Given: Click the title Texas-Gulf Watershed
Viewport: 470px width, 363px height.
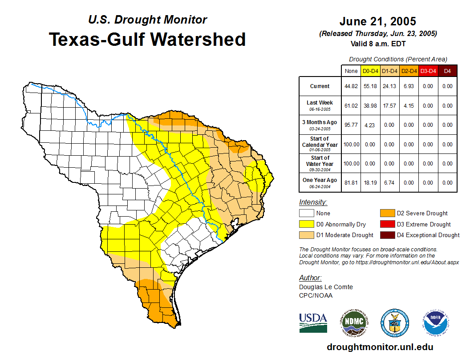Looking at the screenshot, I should (x=147, y=40).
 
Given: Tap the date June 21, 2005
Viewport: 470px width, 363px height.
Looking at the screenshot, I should (x=377, y=21).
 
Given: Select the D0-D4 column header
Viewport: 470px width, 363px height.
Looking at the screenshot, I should (x=370, y=71).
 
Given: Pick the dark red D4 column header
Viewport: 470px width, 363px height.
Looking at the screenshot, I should (x=447, y=71).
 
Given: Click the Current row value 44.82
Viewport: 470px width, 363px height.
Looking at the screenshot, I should (x=351, y=86).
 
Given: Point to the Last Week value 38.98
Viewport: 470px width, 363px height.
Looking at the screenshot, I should (x=370, y=106).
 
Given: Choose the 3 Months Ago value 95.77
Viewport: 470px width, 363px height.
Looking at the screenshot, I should (x=351, y=125).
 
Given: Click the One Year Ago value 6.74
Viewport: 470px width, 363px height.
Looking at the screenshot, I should (x=389, y=182).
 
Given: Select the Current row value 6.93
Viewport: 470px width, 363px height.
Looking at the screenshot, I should (x=409, y=86).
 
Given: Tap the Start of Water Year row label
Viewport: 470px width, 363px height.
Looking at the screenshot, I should (x=320, y=163).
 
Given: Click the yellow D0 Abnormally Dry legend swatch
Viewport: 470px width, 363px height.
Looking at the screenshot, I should (x=306, y=224).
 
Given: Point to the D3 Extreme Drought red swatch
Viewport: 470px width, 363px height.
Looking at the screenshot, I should (x=386, y=224).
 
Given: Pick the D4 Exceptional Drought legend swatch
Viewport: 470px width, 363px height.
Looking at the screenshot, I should (x=386, y=235).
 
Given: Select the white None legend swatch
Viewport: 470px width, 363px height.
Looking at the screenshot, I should (x=306, y=214).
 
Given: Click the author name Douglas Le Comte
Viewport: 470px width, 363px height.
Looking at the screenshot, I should (x=326, y=287).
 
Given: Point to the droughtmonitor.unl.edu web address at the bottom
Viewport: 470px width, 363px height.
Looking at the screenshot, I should (x=380, y=347).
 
